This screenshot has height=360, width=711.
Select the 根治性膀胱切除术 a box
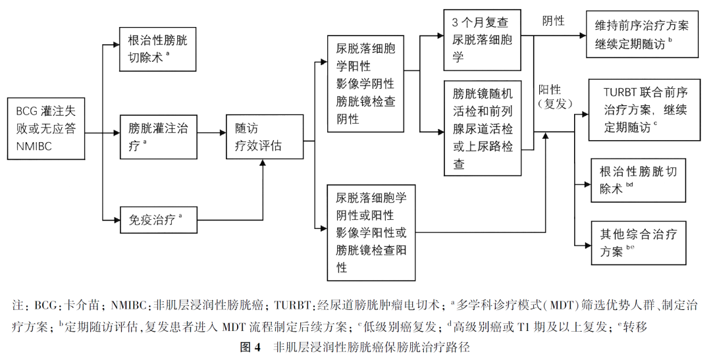(x=158, y=49)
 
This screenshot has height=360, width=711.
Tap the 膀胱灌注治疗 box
(x=158, y=137)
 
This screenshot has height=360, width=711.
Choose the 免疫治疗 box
(x=158, y=220)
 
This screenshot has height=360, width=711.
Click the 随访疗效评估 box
(x=263, y=138)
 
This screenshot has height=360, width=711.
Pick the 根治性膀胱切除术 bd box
(x=639, y=180)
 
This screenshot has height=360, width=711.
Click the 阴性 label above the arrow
(x=553, y=21)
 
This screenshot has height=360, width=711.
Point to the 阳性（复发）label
(x=555, y=96)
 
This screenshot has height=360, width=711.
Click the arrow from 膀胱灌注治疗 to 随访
(x=211, y=132)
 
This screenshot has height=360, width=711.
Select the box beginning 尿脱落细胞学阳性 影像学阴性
(x=365, y=84)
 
